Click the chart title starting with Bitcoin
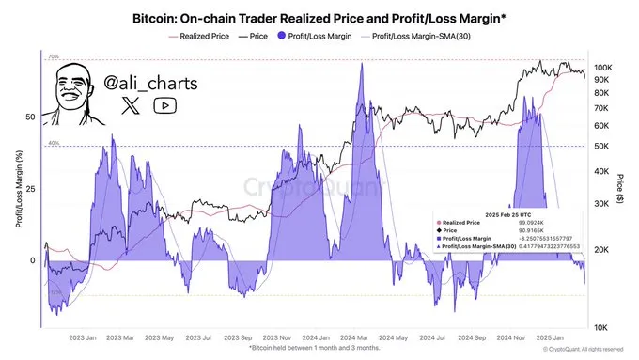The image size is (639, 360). [319, 17]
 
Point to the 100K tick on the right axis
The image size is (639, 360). [604, 69]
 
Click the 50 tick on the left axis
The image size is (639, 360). [30, 117]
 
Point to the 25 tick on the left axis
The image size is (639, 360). [30, 189]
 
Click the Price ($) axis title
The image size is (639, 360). [624, 189]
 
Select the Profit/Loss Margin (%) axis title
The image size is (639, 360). [18, 189]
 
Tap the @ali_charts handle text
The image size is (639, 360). [150, 84]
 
